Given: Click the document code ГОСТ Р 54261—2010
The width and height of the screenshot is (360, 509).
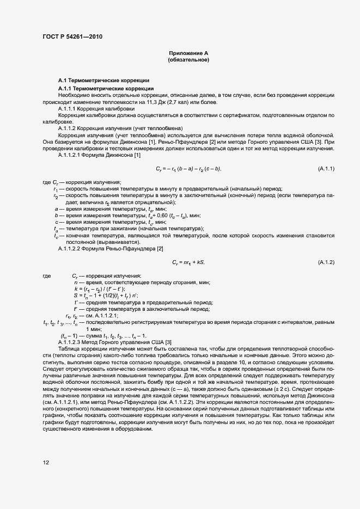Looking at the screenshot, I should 72,37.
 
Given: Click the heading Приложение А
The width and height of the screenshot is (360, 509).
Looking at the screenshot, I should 188,53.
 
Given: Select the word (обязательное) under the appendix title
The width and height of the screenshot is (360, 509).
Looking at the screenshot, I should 188,60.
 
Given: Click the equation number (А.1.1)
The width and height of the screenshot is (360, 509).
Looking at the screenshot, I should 326,169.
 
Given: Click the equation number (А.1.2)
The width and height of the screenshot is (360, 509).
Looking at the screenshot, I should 326,262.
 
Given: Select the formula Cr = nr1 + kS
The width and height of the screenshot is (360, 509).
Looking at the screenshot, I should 188,262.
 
